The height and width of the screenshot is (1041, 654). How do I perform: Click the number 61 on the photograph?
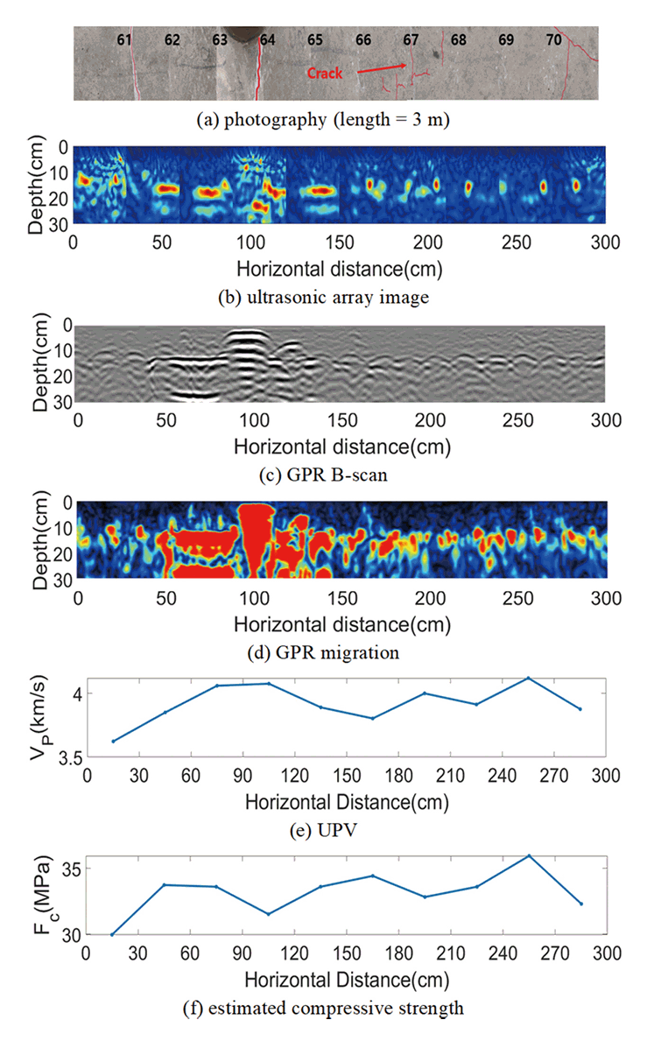pos(124,40)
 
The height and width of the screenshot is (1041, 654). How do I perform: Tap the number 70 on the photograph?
pos(553,40)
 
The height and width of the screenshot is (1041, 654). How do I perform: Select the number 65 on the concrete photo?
pos(315,40)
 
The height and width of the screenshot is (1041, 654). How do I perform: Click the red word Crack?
pos(327,74)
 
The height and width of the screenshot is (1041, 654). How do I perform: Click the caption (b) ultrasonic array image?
pos(323,297)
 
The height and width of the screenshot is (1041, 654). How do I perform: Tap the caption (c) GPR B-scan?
pos(323,474)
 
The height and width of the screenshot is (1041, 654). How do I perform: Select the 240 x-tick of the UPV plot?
pos(503,776)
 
